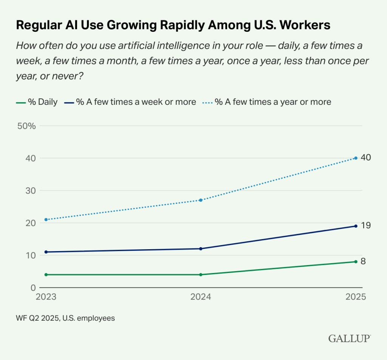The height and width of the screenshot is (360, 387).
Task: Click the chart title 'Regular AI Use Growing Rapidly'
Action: (x=173, y=25)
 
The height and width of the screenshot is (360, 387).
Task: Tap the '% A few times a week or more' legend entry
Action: (x=131, y=102)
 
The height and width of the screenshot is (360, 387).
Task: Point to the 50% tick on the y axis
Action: (x=26, y=126)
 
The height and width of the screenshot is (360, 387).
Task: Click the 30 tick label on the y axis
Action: (x=30, y=191)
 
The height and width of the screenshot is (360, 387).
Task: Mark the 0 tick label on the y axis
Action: (x=33, y=288)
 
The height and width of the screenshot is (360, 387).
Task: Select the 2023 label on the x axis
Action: (x=46, y=297)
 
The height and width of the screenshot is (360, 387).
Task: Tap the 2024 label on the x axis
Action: (x=201, y=297)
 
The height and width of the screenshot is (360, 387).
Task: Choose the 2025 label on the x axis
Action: (x=356, y=297)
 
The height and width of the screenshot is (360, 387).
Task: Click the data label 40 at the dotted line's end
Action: (x=365, y=158)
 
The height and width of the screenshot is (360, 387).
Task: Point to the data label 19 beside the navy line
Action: (x=365, y=226)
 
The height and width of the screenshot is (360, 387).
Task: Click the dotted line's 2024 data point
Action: (x=201, y=200)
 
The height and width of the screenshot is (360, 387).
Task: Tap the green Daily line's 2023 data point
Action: (x=46, y=275)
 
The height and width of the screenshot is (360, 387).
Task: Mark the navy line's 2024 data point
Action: (x=201, y=249)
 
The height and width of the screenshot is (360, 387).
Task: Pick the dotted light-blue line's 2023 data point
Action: (x=46, y=219)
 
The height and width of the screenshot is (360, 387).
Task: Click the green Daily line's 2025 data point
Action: (x=356, y=262)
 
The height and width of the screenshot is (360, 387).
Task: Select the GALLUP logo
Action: (x=349, y=338)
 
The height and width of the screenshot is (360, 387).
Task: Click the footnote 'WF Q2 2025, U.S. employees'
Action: (x=65, y=318)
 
